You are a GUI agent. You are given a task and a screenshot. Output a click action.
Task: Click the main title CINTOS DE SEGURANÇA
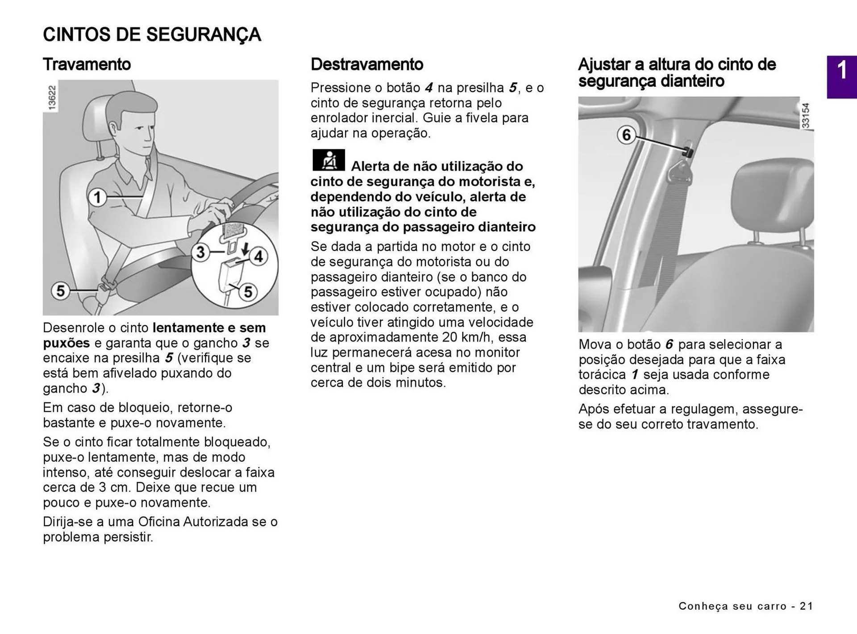pyautogui.click(x=152, y=35)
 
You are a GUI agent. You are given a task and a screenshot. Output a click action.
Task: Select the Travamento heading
pyautogui.click(x=87, y=64)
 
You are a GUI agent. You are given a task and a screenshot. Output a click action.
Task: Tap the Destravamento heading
pyautogui.click(x=366, y=64)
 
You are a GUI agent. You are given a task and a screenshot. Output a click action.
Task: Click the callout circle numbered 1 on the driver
pyautogui.click(x=97, y=197)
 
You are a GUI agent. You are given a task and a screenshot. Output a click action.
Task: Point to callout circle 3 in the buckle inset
pyautogui.click(x=200, y=252)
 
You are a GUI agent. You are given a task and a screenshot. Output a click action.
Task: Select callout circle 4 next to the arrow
pyautogui.click(x=258, y=257)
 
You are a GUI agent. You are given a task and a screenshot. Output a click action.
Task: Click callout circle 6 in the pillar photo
pyautogui.click(x=626, y=134)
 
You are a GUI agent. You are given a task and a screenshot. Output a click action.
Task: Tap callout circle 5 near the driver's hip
pyautogui.click(x=60, y=291)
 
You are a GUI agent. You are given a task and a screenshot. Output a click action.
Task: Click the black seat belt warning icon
pyautogui.click(x=329, y=160)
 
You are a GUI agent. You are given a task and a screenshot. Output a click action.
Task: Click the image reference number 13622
pyautogui.click(x=52, y=97)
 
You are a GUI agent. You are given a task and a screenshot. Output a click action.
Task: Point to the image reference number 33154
pyautogui.click(x=806, y=116)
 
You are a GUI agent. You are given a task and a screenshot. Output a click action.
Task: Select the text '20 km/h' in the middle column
pyautogui.click(x=467, y=337)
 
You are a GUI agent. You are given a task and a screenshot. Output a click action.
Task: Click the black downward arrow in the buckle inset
pyautogui.click(x=245, y=250)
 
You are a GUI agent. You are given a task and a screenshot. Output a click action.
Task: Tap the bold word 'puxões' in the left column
pyautogui.click(x=67, y=343)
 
